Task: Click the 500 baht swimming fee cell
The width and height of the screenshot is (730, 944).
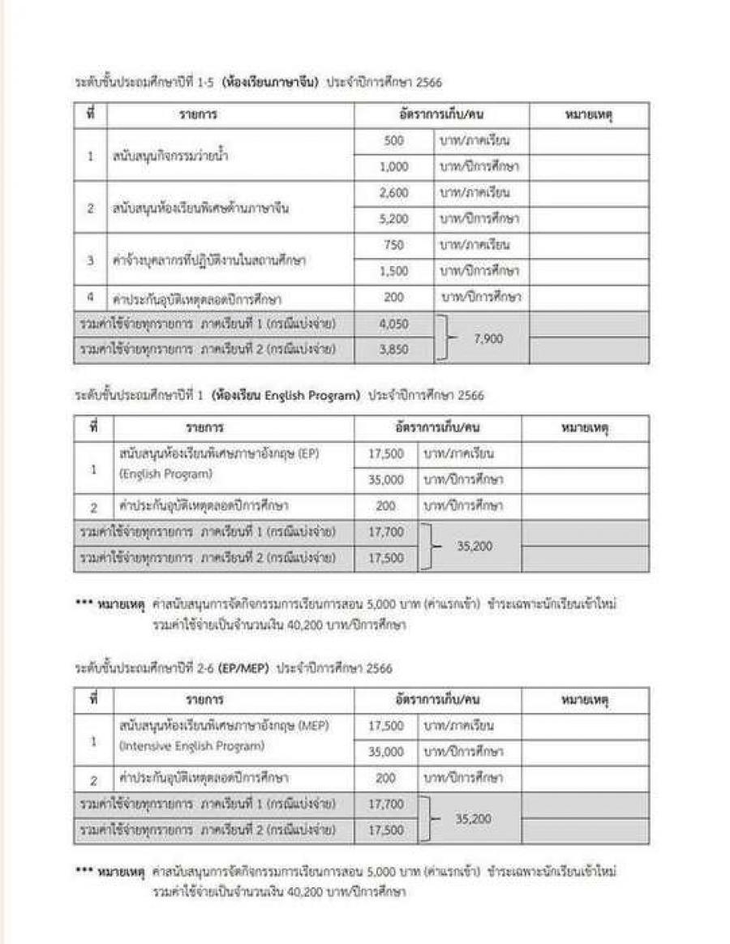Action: [x=393, y=141]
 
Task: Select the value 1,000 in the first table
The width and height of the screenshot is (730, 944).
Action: [x=393, y=167]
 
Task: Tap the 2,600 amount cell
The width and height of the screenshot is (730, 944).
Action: [x=393, y=193]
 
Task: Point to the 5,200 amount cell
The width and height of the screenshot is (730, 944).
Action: [x=393, y=219]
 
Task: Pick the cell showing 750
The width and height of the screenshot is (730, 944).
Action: [x=393, y=245]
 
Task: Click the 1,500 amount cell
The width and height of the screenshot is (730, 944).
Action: [x=393, y=271]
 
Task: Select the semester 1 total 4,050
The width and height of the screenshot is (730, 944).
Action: [x=393, y=324]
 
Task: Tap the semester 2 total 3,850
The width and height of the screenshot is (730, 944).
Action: [x=393, y=350]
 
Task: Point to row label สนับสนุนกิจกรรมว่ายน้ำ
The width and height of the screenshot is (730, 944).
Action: [x=170, y=155]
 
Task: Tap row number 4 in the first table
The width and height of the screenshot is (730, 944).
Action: [x=92, y=297]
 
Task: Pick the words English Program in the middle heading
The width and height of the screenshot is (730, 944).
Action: [x=312, y=396]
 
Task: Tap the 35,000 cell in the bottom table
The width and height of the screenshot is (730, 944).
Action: [x=386, y=752]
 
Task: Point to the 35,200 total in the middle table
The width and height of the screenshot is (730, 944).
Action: [x=474, y=547]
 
